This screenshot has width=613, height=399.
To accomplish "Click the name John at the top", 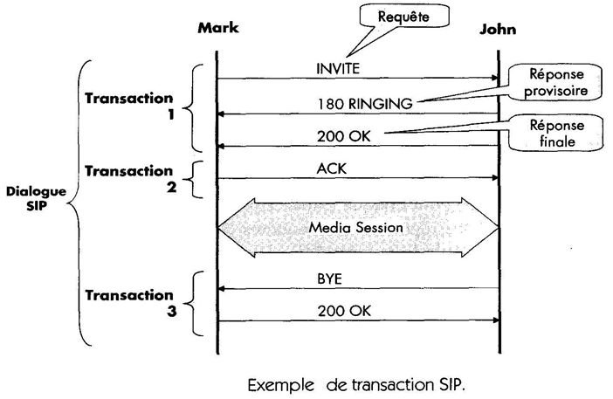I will pos(498,29).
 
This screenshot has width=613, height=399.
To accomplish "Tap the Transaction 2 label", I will pos(129,178).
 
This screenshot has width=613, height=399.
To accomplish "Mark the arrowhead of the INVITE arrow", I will pos(493,79).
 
